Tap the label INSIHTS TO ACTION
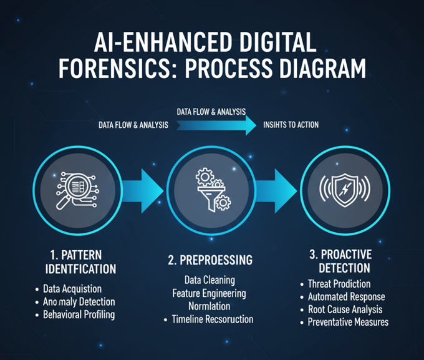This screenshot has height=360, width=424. pyautogui.click(x=291, y=125)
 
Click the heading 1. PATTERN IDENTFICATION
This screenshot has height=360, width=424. pyautogui.click(x=77, y=262)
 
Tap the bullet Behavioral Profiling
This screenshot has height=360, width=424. pyautogui.click(x=79, y=314)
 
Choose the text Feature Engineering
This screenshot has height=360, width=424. pyautogui.click(x=209, y=293)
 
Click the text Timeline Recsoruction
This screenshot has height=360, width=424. pyautogui.click(x=213, y=319)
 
